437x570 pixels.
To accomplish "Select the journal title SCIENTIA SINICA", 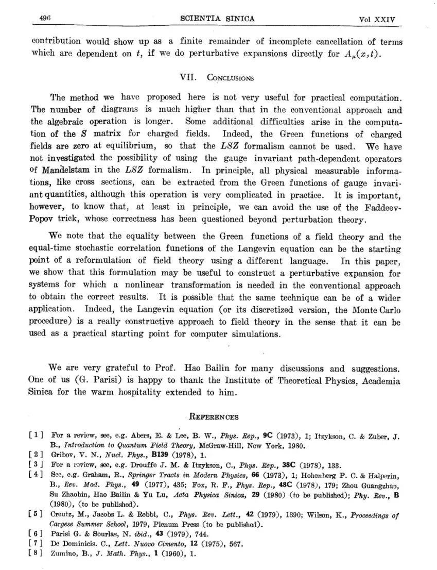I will tap(218, 19).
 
